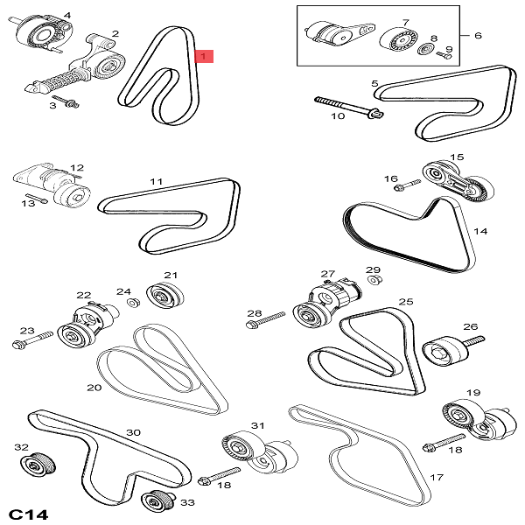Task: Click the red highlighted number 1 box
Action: click(203, 57)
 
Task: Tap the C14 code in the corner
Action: click(29, 511)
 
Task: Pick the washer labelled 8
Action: click(428, 46)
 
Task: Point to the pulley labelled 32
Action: click(38, 463)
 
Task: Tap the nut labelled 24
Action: click(134, 303)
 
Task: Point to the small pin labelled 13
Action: click(36, 197)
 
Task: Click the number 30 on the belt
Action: click(133, 432)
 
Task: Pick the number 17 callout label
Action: click(437, 478)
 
